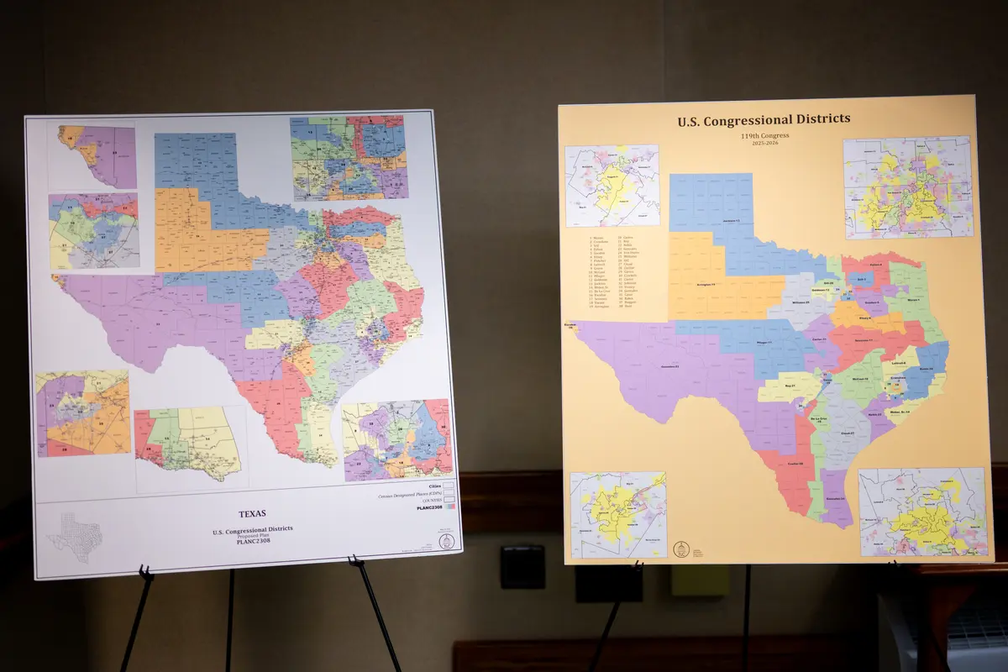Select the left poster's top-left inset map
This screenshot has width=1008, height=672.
(92, 156)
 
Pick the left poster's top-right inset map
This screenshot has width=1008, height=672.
(349, 157)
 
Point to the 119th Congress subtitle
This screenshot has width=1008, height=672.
(764, 135)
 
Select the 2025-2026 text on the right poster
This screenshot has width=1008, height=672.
(764, 144)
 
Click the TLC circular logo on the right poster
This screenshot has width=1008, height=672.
(681, 549)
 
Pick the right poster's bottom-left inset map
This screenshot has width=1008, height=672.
(617, 513)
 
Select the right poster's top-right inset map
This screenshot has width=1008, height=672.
(907, 187)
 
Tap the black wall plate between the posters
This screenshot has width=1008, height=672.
(522, 567)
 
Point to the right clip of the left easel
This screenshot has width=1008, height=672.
(354, 561)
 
